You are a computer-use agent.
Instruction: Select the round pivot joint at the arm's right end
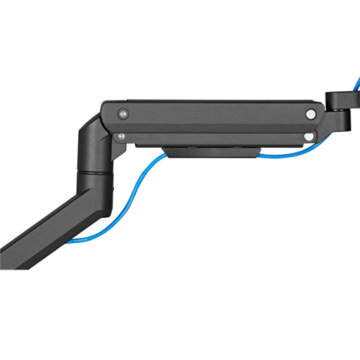click(340, 101)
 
